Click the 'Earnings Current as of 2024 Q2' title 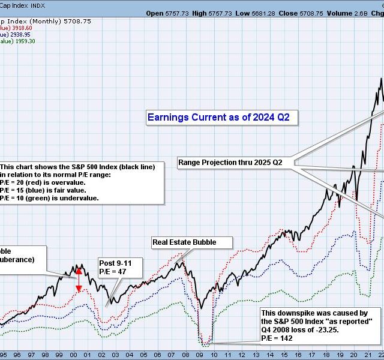pyautogui.click(x=218, y=118)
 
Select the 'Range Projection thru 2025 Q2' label pyautogui.click(x=230, y=162)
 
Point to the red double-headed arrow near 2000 pyautogui.click(x=78, y=280)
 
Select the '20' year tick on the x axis pyautogui.click(x=354, y=354)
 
